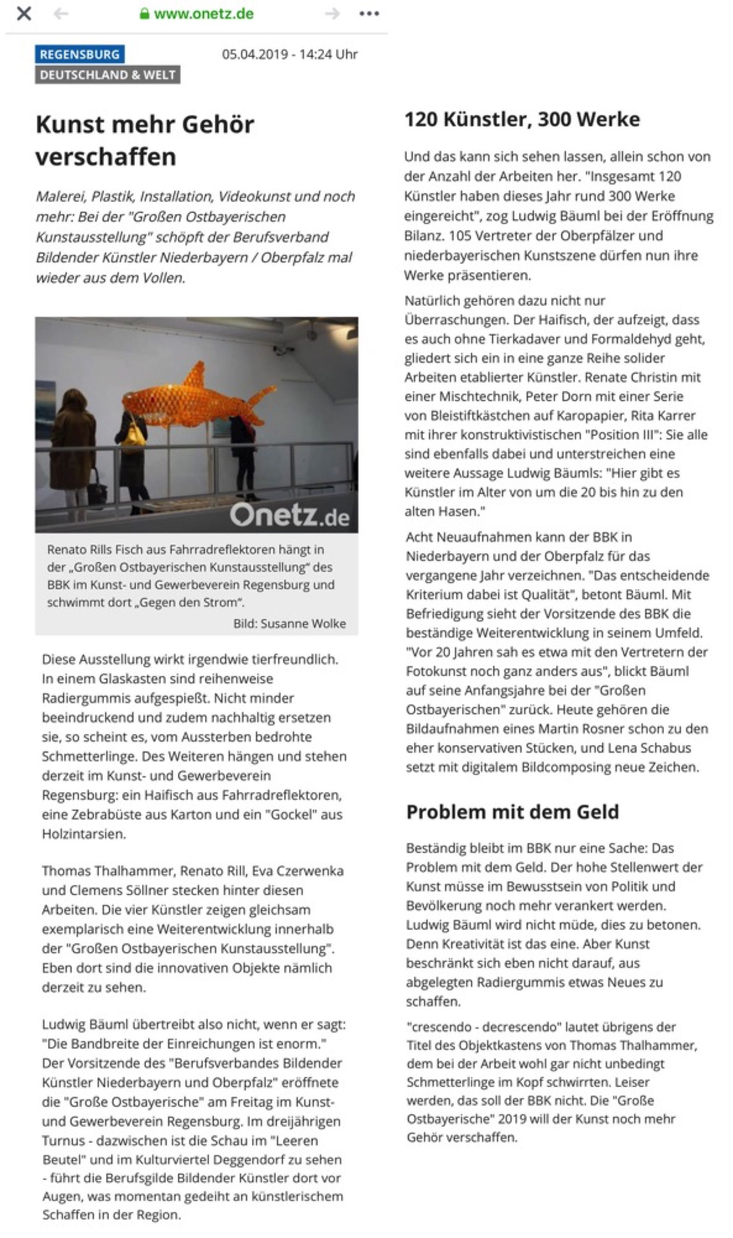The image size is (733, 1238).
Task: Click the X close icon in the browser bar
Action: pos(24,13)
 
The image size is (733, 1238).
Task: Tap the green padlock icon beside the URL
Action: pos(144,13)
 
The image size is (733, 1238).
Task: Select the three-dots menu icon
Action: pos(369,14)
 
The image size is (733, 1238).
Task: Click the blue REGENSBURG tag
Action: pos(79,54)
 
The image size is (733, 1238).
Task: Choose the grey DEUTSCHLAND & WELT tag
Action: pos(108,75)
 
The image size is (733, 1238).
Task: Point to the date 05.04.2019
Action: pos(255,54)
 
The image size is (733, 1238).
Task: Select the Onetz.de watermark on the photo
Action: pos(290,516)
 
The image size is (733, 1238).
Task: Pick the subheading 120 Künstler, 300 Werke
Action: pos(522,119)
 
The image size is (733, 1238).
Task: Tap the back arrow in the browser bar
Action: pos(61,14)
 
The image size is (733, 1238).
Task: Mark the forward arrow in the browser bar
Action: pos(332,14)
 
